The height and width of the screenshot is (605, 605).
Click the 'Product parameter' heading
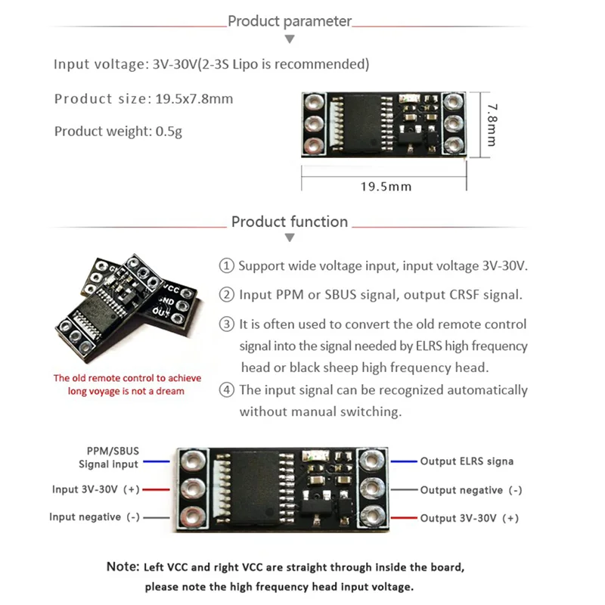point(290,21)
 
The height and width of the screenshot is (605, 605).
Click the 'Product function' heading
point(290,222)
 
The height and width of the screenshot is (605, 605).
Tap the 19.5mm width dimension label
point(385,186)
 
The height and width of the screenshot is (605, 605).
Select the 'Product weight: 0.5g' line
point(118,132)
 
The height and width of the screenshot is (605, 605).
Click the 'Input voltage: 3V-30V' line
point(211,64)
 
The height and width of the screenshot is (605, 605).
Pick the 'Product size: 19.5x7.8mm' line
point(144,99)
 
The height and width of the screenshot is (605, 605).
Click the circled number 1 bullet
point(226,266)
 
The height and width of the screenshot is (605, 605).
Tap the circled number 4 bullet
point(226,390)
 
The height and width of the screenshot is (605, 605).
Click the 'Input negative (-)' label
point(95,517)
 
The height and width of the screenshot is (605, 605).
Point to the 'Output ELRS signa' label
point(467,461)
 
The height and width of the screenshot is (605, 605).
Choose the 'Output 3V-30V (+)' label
point(470,518)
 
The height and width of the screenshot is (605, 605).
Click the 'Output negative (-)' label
point(471,490)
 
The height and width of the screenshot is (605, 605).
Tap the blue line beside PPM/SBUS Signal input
point(157,461)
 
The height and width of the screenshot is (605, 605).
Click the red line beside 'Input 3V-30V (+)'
point(157,489)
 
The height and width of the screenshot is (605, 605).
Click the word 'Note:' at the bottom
point(123,566)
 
